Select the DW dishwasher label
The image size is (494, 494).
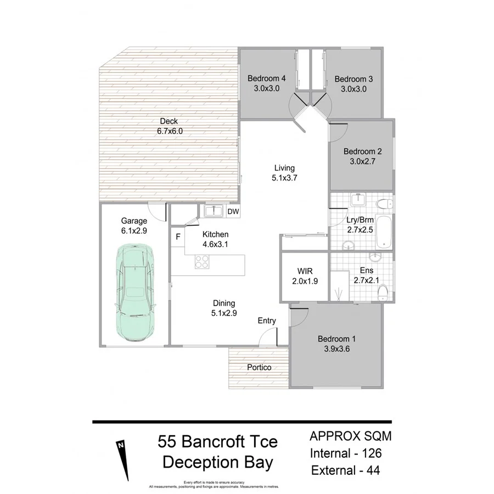233,211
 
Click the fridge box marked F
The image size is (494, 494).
177,237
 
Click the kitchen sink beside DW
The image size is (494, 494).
213,211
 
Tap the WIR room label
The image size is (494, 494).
305,271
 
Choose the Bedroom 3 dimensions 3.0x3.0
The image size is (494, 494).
353,88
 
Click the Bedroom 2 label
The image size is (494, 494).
362,151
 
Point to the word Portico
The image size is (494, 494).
259,367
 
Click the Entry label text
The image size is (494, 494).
267,321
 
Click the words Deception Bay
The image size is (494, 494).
217,462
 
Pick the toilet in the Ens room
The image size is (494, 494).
385,294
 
